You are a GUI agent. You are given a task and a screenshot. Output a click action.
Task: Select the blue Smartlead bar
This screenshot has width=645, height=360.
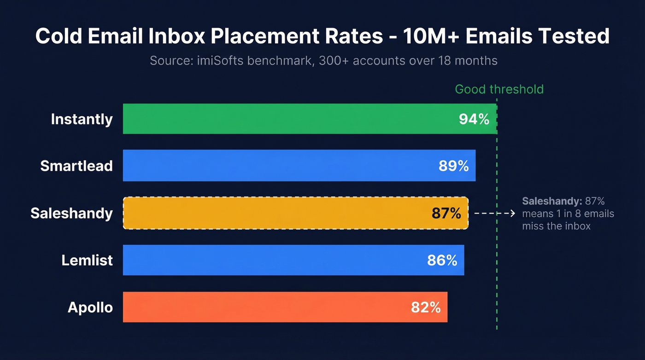[x=276, y=166]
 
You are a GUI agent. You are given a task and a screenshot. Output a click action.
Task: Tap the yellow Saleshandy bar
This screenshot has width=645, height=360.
[x=272, y=213]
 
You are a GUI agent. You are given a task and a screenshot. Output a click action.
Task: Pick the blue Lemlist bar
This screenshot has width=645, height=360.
[x=272, y=260]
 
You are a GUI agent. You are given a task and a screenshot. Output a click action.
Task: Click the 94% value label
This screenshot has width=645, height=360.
[x=474, y=119]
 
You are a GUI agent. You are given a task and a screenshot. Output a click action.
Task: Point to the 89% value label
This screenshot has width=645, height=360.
[x=454, y=166]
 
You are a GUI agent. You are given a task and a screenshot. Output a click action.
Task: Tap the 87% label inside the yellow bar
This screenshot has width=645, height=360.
[x=446, y=213]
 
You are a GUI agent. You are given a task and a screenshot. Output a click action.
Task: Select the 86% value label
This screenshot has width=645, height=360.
[x=442, y=260]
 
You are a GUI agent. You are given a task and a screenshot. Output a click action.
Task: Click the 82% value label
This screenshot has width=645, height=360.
[x=426, y=307]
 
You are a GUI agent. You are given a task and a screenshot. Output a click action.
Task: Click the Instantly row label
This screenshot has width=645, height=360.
[x=82, y=119]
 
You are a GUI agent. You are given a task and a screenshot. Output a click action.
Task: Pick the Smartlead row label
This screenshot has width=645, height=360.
[x=76, y=166]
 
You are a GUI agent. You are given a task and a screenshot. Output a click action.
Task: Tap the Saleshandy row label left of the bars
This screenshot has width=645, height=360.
[x=71, y=213]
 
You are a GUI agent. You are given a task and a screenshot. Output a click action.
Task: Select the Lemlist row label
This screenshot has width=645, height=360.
[x=87, y=260]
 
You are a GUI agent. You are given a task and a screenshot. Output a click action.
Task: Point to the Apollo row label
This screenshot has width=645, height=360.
[x=90, y=307]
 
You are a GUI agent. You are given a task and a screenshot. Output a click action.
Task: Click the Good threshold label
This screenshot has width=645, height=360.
[x=499, y=89]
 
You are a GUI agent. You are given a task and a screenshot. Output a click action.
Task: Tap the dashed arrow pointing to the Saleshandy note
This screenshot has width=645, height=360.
[x=494, y=213]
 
